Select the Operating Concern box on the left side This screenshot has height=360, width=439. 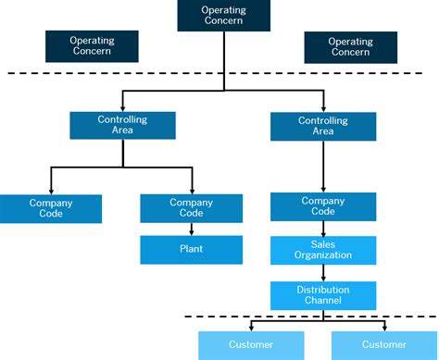pos(92,46)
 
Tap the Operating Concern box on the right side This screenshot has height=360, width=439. pos(350,46)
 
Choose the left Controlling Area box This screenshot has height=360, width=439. pos(122,126)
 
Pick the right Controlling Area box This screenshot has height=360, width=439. pos(323,126)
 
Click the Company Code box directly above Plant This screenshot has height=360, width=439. pos(191,208)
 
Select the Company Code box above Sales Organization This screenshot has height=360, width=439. pos(323,206)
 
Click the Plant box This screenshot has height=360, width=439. pos(191,249)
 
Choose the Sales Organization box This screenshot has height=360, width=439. pos(323,250)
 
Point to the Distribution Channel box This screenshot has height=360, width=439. pos(323,295)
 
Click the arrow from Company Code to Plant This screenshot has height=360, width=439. pos(191,229)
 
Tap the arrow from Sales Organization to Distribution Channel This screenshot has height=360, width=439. pos(323,272)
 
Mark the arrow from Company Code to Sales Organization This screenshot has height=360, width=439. pos(323,229)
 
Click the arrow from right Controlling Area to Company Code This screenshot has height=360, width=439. pos(323,167)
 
